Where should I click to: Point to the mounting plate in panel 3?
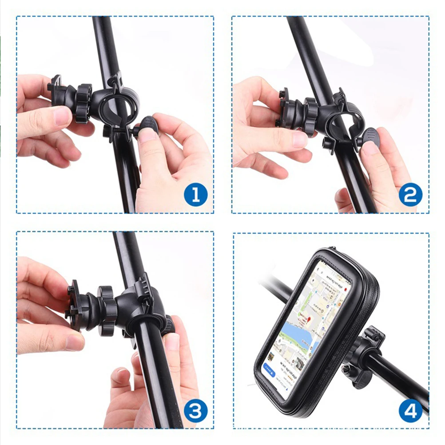point(73,306)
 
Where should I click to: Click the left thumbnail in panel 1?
point(63,116)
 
